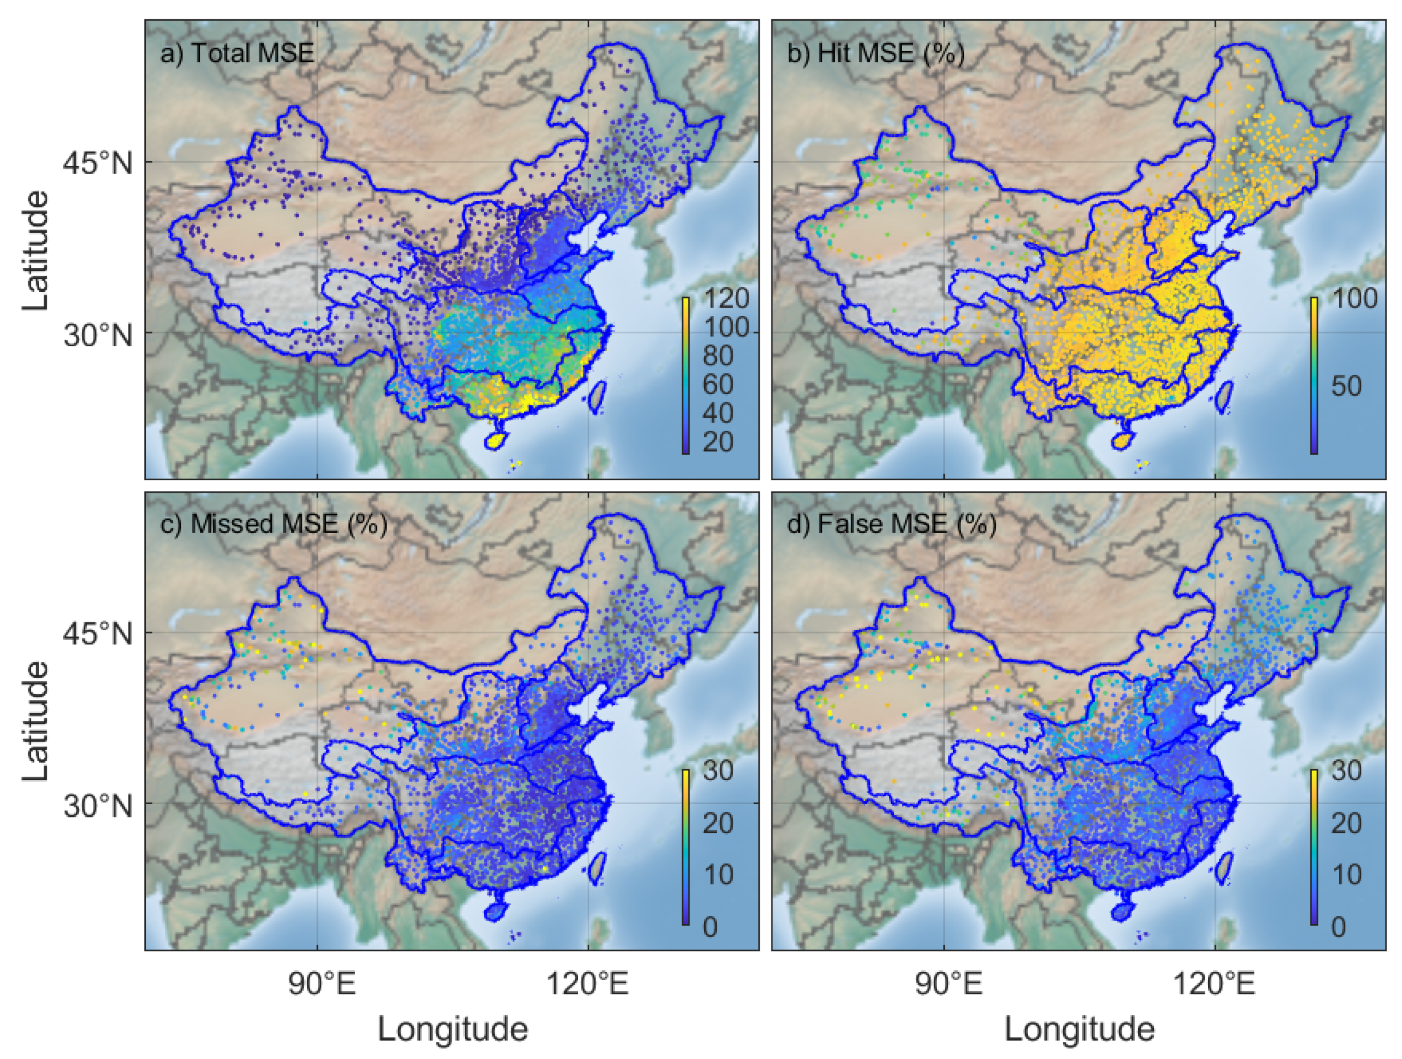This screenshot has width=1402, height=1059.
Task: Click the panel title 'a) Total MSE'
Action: pyautogui.click(x=237, y=53)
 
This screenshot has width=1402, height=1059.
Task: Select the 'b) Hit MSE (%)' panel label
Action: pyautogui.click(x=875, y=53)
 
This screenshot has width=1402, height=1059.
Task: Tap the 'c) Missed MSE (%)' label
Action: pyautogui.click(x=273, y=524)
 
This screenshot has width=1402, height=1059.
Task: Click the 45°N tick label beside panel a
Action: pyautogui.click(x=98, y=163)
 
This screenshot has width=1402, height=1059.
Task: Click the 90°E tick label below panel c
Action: pyautogui.click(x=322, y=984)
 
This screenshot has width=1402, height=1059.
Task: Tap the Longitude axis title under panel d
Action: pyautogui.click(x=1079, y=1029)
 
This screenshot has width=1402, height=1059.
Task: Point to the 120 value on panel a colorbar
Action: pyautogui.click(x=726, y=298)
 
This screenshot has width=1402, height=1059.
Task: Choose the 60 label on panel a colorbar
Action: pyautogui.click(x=718, y=384)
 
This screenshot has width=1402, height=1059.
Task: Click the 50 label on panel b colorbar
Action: pyautogui.click(x=1346, y=385)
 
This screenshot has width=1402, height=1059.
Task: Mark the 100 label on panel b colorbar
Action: pyautogui.click(x=1354, y=298)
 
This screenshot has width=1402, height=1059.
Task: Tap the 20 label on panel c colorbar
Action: pyautogui.click(x=718, y=823)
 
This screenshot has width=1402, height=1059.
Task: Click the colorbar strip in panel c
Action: pyautogui.click(x=686, y=847)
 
